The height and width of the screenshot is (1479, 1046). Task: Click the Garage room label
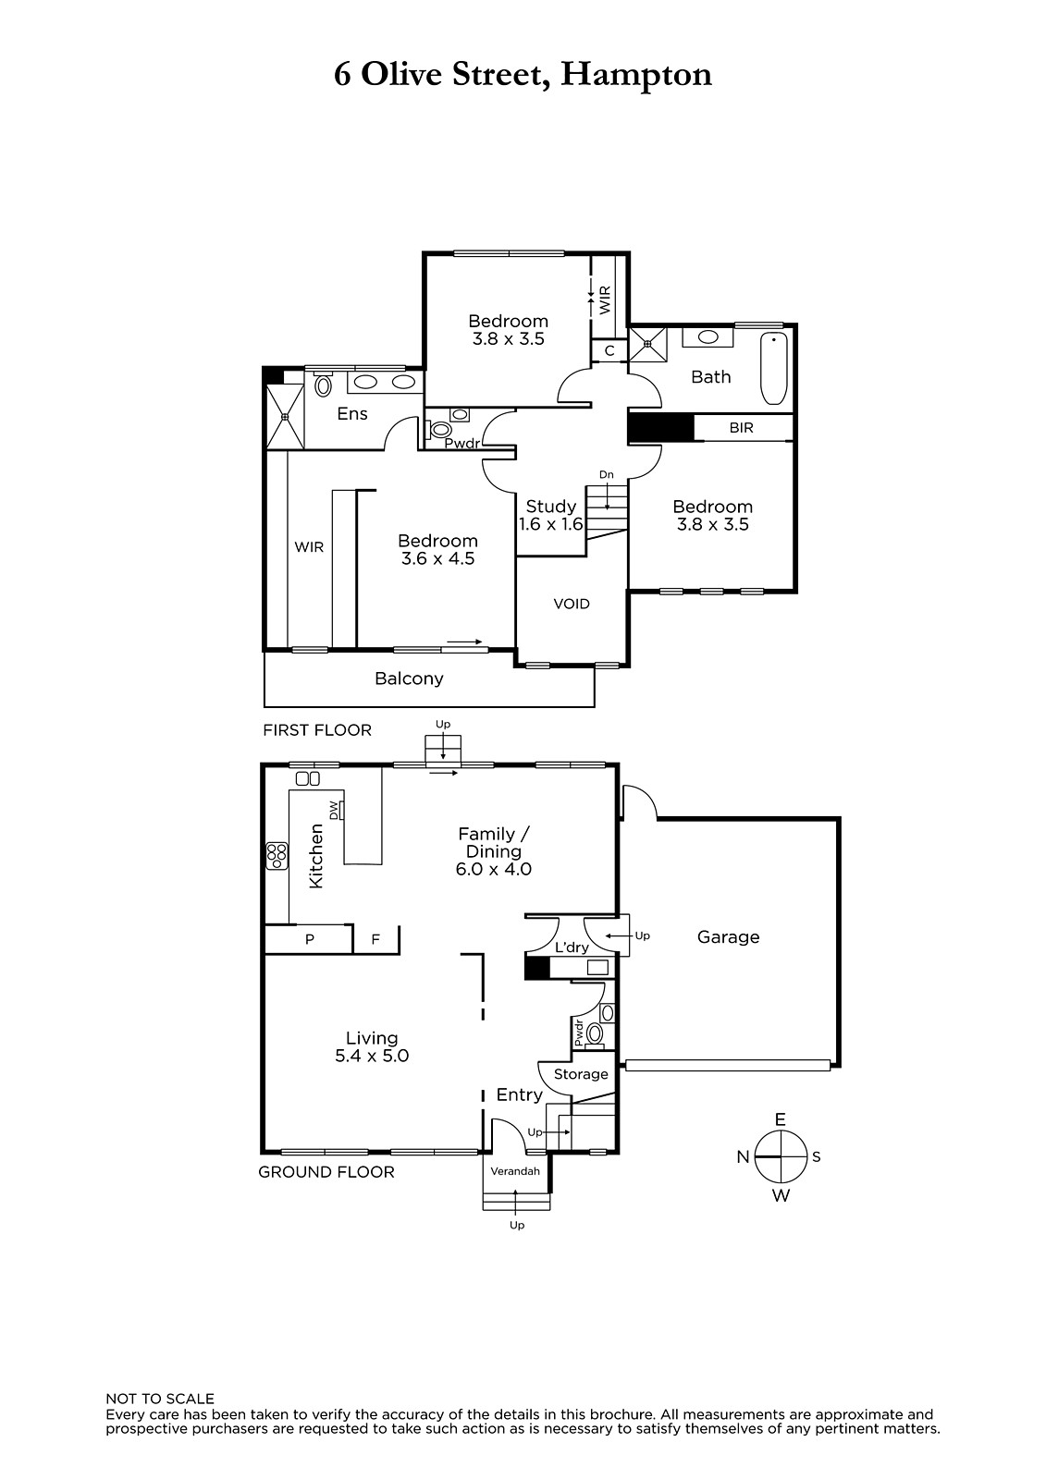pos(728,937)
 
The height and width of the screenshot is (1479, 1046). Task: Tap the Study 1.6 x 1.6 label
pos(551,515)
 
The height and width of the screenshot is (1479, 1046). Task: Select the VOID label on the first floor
pos(572,604)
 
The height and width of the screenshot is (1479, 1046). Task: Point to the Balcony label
pos(409,678)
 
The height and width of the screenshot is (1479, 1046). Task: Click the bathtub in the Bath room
pos(774,369)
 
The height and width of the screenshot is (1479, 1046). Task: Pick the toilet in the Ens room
pos(323,385)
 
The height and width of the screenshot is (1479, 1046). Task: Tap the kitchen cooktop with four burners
pos(277,856)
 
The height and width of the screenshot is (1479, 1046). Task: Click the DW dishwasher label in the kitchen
pos(335,809)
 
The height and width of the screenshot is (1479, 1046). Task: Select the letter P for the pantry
pos(309,939)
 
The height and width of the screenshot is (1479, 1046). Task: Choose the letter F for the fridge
pos(375,939)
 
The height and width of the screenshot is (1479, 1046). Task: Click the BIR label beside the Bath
pos(742,428)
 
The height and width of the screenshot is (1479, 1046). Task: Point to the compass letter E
pos(781,1119)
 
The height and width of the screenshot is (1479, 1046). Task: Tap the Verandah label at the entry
pos(515,1171)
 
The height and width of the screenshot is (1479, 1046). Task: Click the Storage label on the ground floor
pos(581,1074)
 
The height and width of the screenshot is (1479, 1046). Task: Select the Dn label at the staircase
pos(606,475)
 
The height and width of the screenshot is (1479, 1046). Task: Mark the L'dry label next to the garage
pos(572,947)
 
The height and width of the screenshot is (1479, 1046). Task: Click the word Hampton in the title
pos(636,76)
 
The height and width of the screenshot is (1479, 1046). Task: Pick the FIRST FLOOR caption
pos(317,730)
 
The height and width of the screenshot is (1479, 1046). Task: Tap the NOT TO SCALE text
pos(160,1400)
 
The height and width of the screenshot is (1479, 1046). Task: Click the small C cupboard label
pos(609,351)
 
